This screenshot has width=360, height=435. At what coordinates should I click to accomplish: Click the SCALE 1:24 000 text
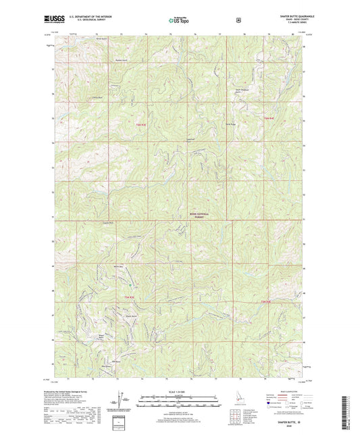pyautogui.click(x=179, y=390)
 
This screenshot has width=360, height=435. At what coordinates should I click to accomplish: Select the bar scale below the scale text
pyautogui.click(x=179, y=400)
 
